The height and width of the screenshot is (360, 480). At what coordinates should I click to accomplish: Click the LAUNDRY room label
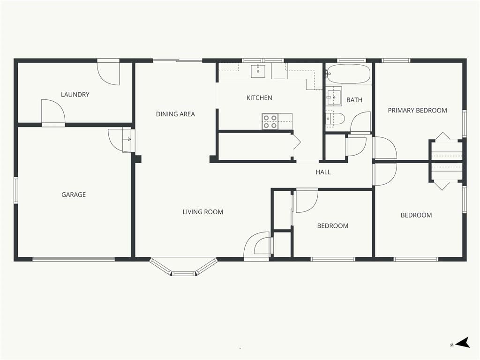75,95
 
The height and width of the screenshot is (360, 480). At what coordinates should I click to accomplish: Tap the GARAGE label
74,195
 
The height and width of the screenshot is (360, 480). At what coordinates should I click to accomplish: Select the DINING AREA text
175,114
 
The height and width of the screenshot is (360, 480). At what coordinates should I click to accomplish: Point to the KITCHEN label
259,98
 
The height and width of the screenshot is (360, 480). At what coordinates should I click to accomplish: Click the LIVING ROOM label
202,212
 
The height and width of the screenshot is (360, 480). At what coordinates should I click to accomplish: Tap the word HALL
323,172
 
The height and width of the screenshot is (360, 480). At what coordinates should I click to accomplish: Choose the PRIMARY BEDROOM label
417,111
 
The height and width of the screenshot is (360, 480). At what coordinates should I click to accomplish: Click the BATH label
354,100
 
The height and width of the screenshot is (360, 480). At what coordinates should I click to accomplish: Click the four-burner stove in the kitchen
270,121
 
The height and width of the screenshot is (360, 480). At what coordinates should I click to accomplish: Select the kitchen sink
258,71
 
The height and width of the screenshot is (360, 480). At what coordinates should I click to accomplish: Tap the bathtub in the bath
348,74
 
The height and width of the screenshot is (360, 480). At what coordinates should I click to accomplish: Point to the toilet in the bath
335,119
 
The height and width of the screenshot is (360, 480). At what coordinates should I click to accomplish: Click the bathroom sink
333,96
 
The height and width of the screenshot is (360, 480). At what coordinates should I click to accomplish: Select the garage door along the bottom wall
74,259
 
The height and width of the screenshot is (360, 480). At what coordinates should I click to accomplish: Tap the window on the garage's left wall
15,190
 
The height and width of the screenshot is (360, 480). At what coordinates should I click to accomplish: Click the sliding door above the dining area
178,60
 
